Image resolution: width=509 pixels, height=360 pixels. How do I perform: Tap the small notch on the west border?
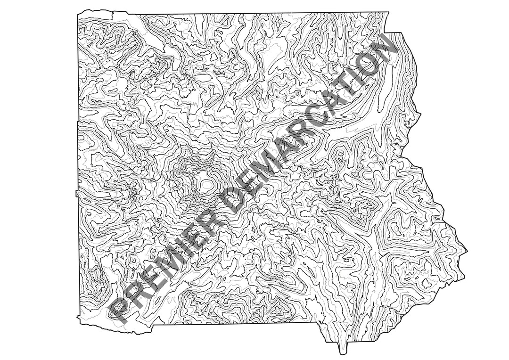(x=76, y=193)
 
